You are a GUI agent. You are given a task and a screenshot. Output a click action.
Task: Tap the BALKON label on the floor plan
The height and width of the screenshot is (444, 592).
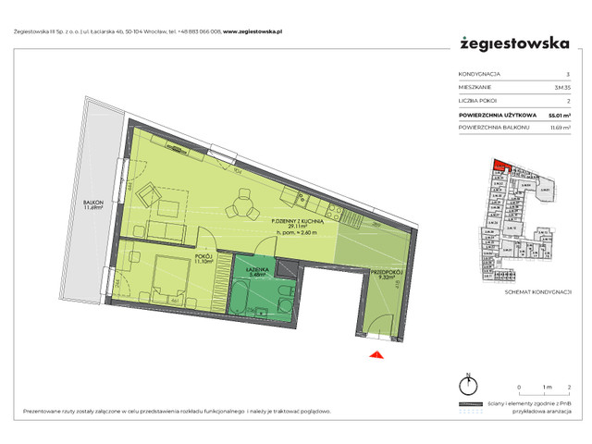click(x=92, y=203)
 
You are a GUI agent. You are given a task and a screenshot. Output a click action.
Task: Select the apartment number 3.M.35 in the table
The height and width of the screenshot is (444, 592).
click(x=561, y=88)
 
